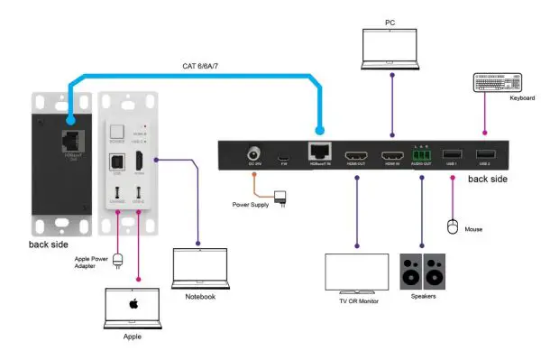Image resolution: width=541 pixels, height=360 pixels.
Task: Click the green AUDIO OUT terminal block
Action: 421,156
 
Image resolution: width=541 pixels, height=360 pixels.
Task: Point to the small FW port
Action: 282,156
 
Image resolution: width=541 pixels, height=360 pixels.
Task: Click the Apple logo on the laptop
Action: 133,304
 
